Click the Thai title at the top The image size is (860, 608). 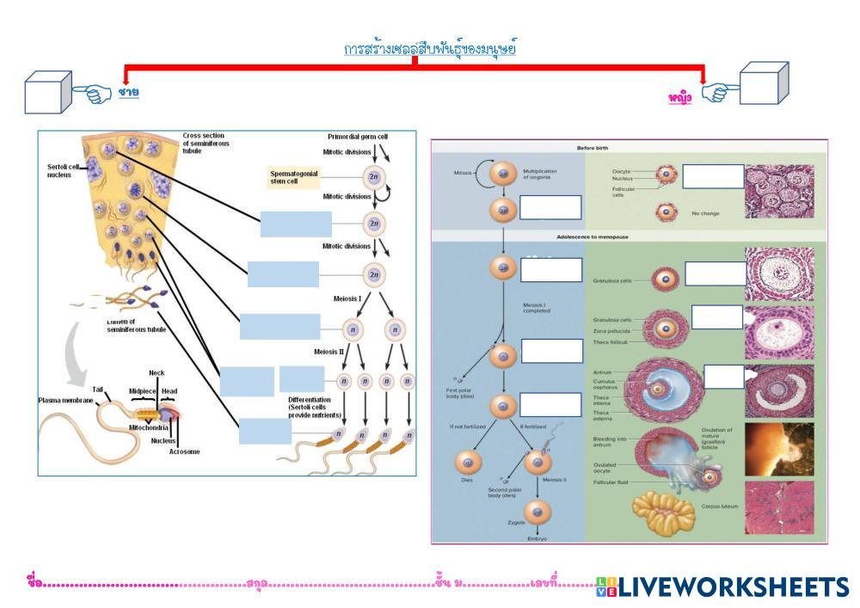(x=429, y=49)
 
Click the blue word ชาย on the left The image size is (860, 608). (x=129, y=91)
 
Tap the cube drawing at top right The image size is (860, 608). (x=764, y=83)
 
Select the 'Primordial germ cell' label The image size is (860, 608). (x=358, y=137)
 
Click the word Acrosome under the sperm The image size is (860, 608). (x=184, y=451)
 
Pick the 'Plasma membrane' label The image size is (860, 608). (x=66, y=400)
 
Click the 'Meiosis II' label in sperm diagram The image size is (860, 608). (x=332, y=351)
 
